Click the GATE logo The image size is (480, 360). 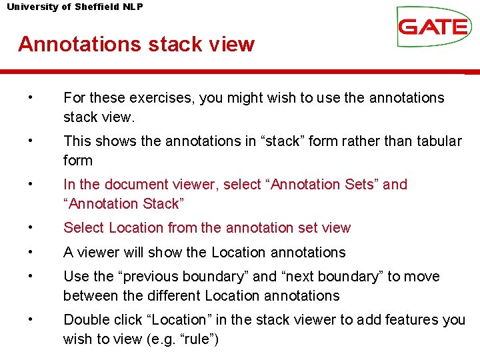(432, 27)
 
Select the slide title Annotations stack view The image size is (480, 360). (136, 44)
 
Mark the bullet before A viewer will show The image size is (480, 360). (31, 252)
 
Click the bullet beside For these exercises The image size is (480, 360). (31, 98)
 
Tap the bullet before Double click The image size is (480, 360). (31, 320)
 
